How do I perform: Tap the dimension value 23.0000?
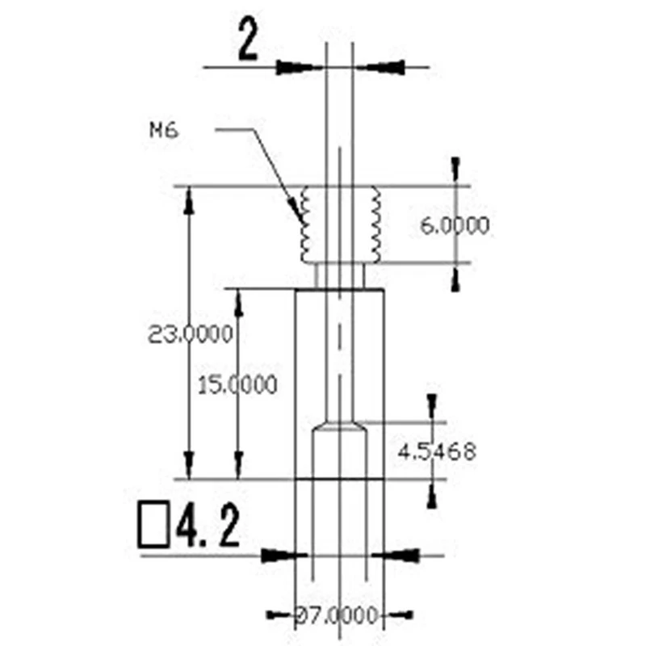pyautogui.click(x=191, y=333)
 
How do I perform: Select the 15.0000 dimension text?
pyautogui.click(x=237, y=384)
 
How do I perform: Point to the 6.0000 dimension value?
pyautogui.click(x=455, y=225)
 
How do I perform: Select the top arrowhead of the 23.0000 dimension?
pyautogui.click(x=189, y=199)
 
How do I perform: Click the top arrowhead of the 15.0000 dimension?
pyautogui.click(x=238, y=303)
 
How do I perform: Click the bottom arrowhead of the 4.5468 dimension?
pyautogui.click(x=433, y=493)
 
